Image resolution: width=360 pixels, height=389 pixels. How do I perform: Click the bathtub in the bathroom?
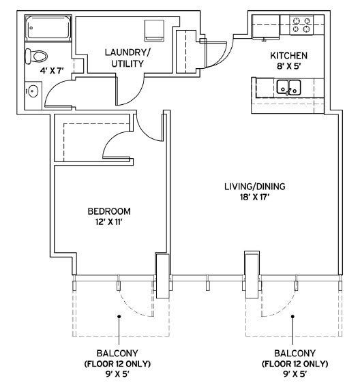click(x=48, y=28)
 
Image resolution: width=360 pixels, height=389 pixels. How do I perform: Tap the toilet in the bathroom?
click(x=36, y=57)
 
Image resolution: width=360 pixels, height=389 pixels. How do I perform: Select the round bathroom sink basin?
click(x=33, y=91)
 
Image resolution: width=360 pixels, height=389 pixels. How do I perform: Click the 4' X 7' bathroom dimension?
click(x=52, y=71)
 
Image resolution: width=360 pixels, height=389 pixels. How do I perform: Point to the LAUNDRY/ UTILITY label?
click(x=127, y=58)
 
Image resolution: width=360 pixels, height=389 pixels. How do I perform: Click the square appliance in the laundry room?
click(x=154, y=31)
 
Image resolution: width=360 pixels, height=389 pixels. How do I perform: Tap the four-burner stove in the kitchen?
click(x=301, y=25)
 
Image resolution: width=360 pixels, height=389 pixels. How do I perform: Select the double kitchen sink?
click(x=288, y=87)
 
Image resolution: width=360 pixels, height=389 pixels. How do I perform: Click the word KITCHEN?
click(x=288, y=56)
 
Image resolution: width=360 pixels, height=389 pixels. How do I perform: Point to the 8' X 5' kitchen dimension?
click(x=288, y=67)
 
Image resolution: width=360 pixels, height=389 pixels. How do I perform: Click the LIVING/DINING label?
click(x=255, y=186)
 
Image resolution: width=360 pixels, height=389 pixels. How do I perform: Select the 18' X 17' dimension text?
click(x=255, y=198)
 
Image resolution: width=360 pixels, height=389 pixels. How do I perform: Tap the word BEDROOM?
click(x=109, y=211)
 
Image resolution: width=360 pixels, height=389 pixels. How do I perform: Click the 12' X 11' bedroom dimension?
click(x=109, y=222)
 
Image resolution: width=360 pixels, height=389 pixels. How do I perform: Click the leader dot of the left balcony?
click(x=119, y=317)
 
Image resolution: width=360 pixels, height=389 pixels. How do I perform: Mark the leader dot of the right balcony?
click(x=292, y=317)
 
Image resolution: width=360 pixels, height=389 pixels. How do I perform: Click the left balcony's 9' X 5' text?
click(x=117, y=374)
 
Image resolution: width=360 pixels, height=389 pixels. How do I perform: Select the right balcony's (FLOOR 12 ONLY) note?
click(x=295, y=364)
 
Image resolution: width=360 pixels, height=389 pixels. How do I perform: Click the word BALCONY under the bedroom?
click(x=117, y=353)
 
